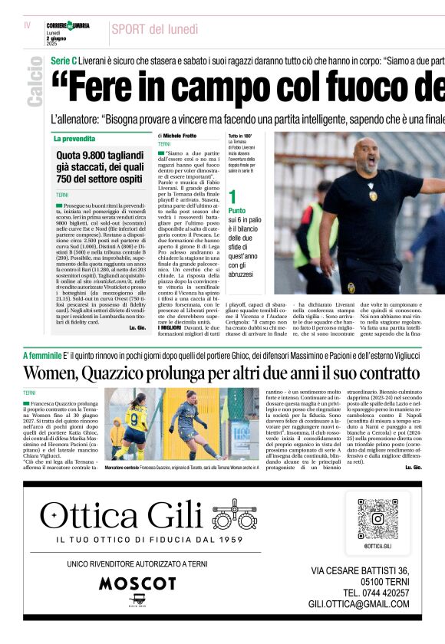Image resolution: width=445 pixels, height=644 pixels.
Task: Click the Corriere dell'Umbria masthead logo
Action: click(68, 26)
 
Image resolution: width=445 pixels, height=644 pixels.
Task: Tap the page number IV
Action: click(27, 25)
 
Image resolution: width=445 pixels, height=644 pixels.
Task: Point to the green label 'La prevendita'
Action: click(76, 139)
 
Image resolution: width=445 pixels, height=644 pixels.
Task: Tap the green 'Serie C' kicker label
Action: click(63, 60)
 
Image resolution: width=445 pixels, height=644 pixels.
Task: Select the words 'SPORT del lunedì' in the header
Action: click(154, 29)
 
